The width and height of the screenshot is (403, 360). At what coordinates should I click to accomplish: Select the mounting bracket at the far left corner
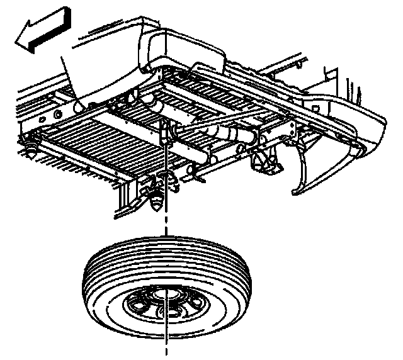pos(29,148)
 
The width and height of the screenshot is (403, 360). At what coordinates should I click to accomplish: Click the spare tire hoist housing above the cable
pos(165,129)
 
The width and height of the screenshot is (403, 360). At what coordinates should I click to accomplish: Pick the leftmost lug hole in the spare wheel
pos(135,305)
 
